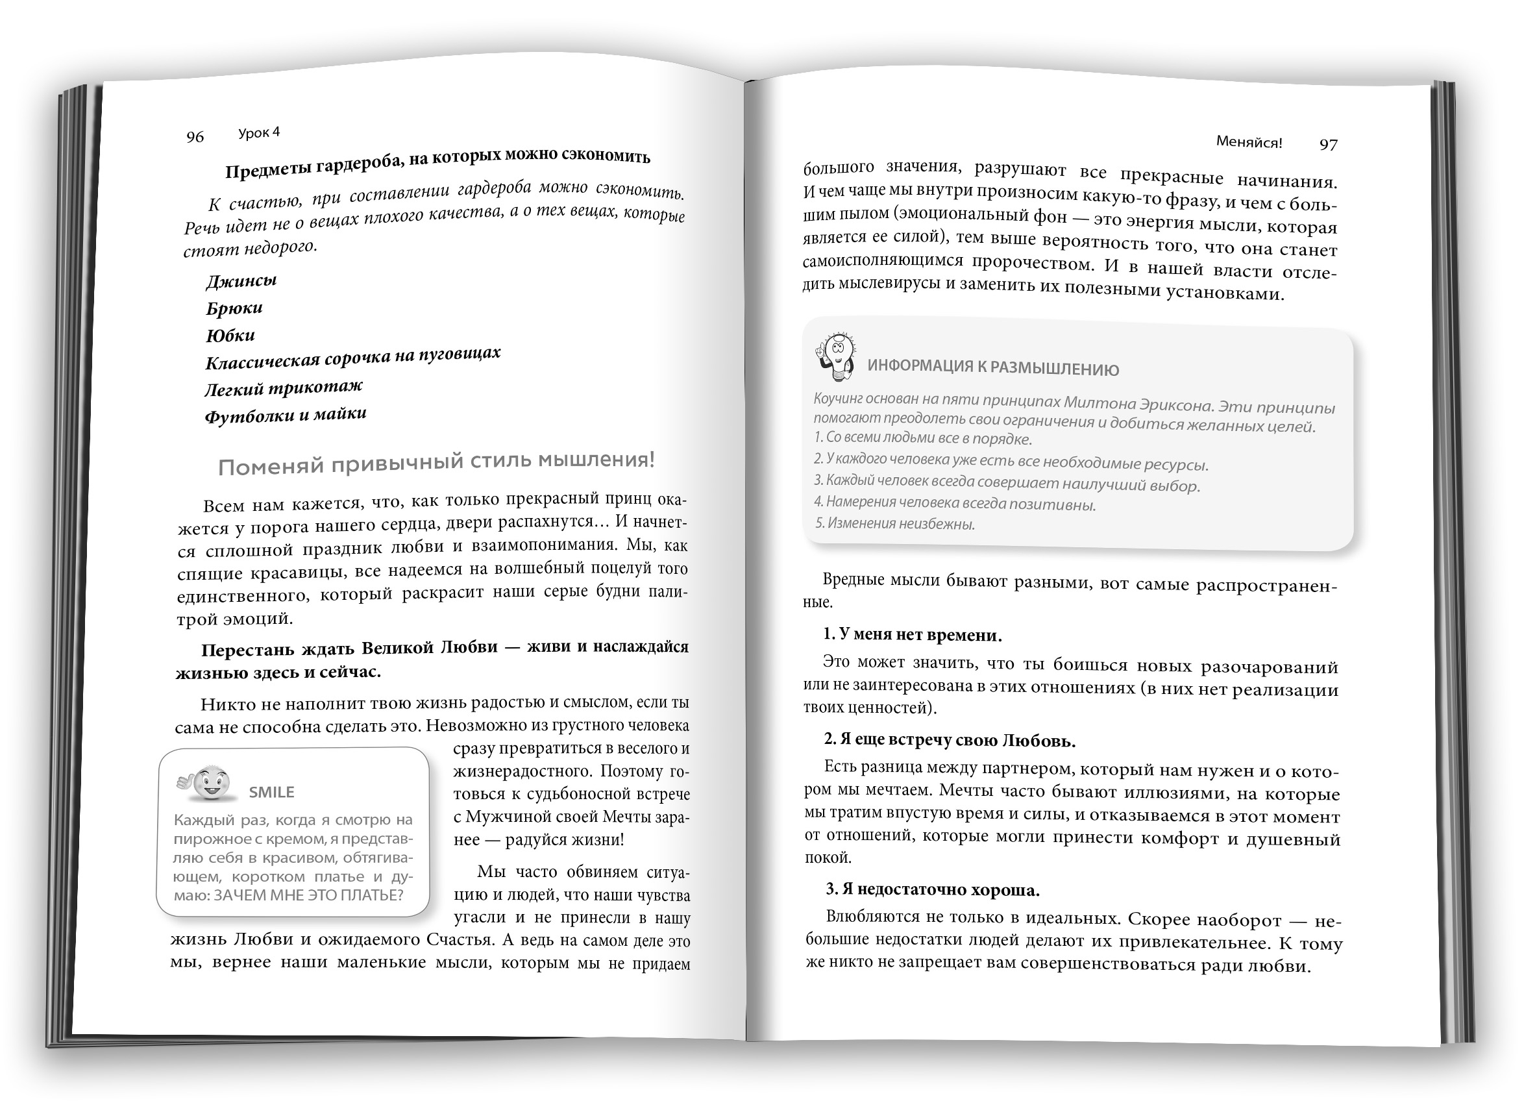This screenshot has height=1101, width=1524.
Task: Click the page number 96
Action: (x=195, y=137)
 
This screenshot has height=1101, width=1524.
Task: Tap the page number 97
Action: (x=1328, y=145)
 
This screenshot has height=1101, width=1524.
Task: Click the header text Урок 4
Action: (x=259, y=133)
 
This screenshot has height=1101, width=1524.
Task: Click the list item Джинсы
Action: (x=241, y=281)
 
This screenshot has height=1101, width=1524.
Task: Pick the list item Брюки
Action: (x=234, y=308)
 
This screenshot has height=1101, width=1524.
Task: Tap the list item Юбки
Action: (x=230, y=336)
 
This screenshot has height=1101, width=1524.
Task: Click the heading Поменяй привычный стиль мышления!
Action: (x=436, y=463)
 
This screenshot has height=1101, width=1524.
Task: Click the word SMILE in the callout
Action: (x=271, y=793)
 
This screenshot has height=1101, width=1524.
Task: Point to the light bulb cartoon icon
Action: (x=835, y=356)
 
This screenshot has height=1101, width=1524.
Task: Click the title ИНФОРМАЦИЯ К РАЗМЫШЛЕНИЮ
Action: (x=992, y=367)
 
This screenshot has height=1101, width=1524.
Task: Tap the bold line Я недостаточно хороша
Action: (x=933, y=890)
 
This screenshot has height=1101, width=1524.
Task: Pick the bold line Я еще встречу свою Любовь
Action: (x=950, y=741)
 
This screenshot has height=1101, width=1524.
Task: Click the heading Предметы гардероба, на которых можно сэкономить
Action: (x=437, y=164)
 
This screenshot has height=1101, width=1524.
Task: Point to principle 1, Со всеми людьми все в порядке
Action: (x=922, y=438)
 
